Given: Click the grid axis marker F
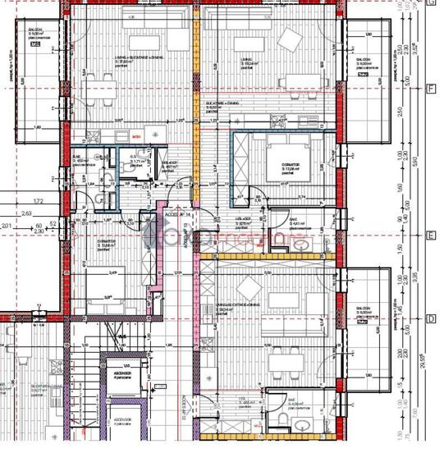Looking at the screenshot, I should coord(431,89).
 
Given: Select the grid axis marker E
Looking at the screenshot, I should coord(431,236).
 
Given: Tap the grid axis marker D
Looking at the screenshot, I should coord(431,318).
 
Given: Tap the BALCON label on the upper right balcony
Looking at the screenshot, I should coord(362,60).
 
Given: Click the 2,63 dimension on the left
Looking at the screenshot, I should coord(27,213).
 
